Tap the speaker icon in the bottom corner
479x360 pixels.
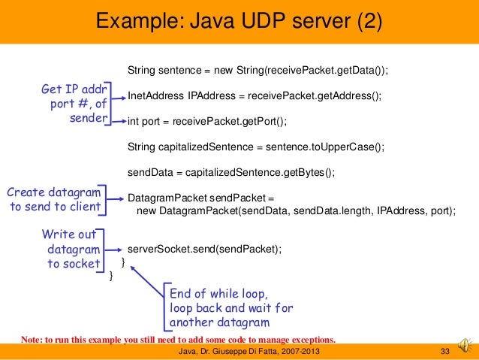[465, 345]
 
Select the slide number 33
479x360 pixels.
[444, 352]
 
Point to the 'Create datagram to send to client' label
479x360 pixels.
[53, 199]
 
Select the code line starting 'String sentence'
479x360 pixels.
[259, 70]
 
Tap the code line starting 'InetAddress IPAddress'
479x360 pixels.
[255, 96]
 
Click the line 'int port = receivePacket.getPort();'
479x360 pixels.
[208, 122]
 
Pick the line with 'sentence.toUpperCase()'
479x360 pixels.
[256, 147]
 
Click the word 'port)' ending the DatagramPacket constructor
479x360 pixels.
[442, 211]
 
